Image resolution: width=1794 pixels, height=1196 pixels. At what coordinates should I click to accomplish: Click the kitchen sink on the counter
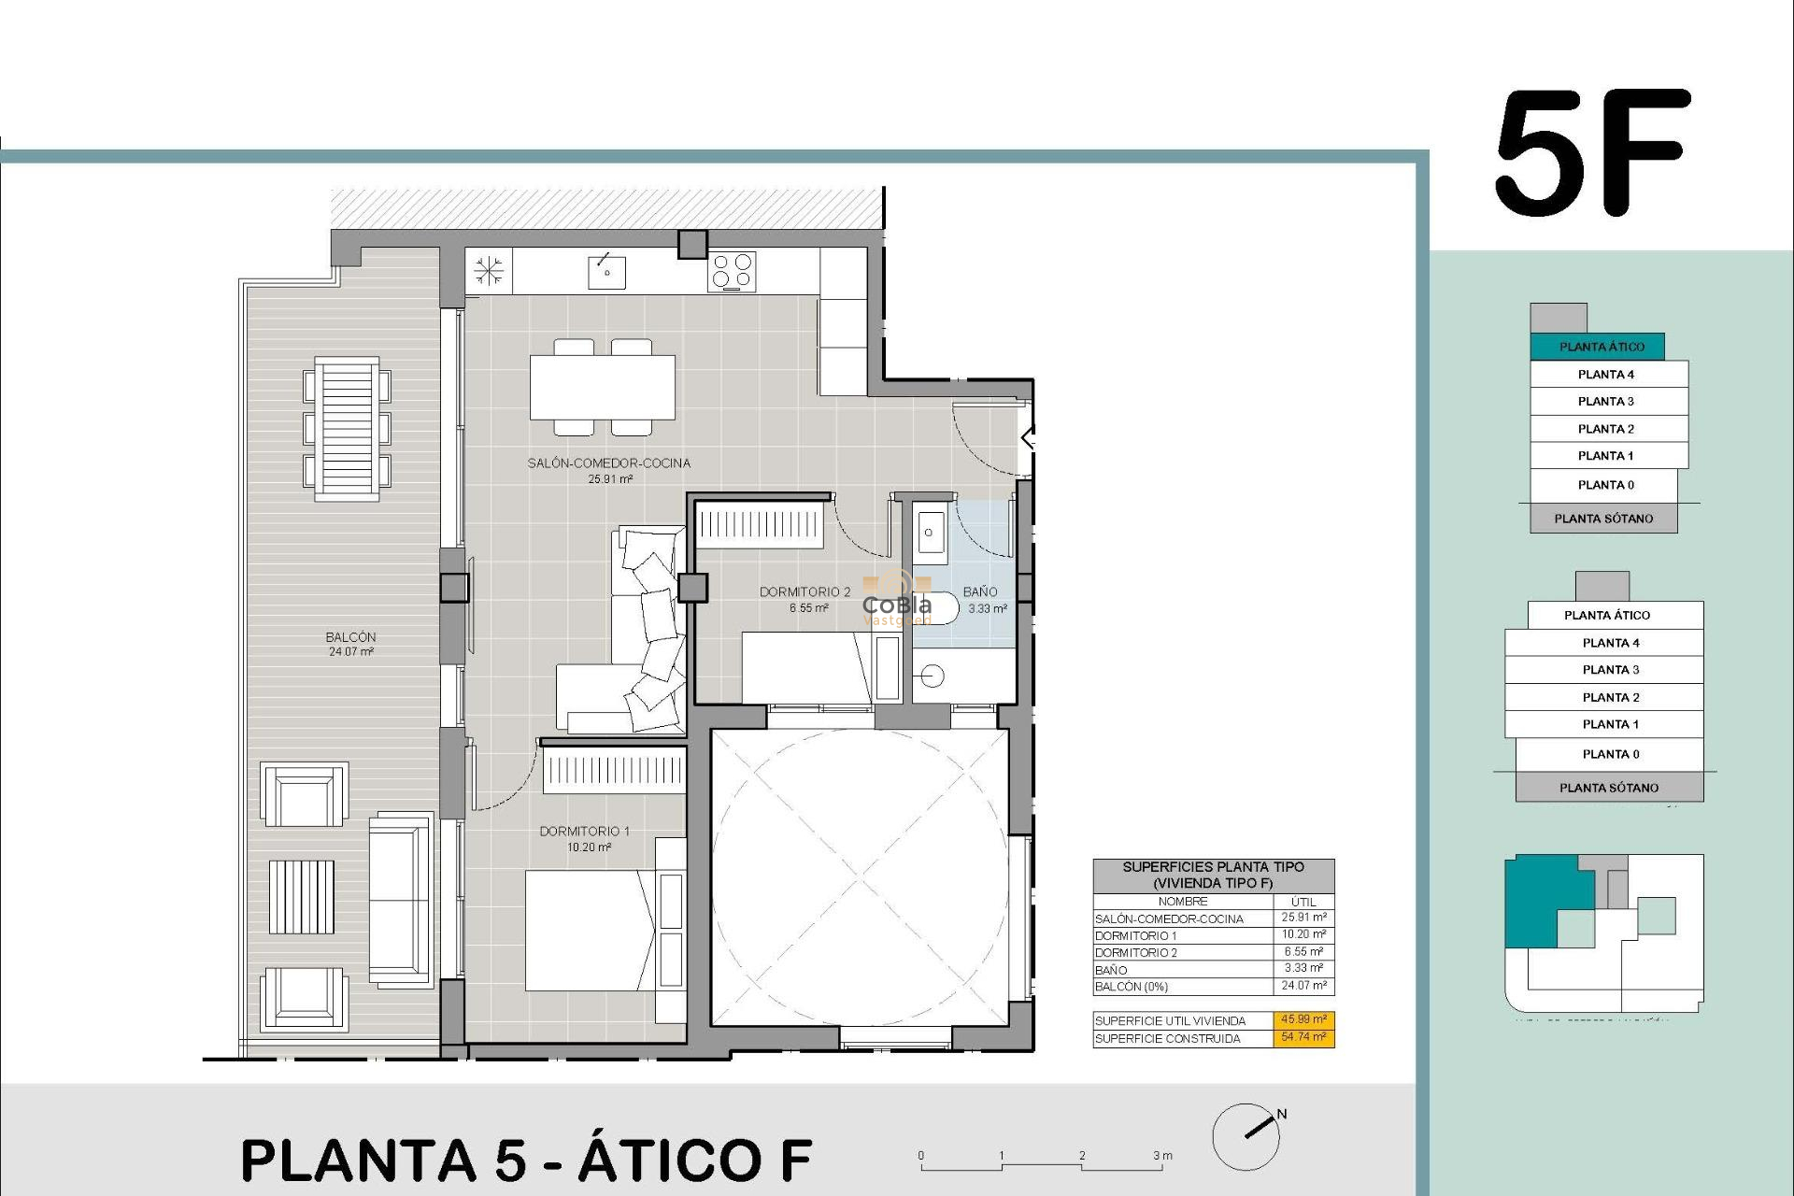[x=606, y=272]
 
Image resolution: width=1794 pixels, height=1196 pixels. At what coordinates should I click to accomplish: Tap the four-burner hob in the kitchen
[x=732, y=271]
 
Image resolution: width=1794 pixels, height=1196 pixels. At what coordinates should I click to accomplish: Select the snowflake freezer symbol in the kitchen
[x=489, y=271]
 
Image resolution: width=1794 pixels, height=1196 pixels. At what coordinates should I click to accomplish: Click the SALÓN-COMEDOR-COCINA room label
[x=609, y=463]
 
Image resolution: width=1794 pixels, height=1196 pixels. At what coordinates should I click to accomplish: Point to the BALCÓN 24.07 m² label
[x=351, y=644]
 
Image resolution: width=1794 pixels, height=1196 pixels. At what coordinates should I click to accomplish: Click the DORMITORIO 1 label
[x=585, y=832]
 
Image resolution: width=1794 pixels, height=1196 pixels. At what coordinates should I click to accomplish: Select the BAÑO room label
[x=980, y=592]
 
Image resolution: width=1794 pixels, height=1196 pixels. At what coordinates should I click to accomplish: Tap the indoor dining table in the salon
[x=603, y=387]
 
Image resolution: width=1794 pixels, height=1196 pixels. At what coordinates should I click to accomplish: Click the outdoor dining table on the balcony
[x=347, y=429]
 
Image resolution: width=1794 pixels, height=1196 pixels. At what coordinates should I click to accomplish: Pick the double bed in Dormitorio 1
[x=589, y=930]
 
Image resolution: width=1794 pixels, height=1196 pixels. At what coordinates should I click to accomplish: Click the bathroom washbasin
[x=930, y=533]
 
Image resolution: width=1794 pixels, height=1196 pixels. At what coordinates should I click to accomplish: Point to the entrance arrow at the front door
[x=1028, y=436]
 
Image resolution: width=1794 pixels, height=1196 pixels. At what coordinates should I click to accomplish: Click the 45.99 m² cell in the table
[x=1303, y=1020]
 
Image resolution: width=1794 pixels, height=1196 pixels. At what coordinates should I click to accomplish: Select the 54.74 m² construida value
[x=1303, y=1037]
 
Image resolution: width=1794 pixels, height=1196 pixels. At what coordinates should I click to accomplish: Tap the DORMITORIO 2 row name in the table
[x=1136, y=953]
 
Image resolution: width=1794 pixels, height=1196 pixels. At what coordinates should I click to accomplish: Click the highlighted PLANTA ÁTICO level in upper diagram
[x=1601, y=347]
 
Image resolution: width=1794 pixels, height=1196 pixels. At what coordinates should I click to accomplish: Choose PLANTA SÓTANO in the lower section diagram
[x=1609, y=788]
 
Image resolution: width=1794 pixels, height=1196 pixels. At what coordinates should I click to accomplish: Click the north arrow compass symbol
[x=1248, y=1135]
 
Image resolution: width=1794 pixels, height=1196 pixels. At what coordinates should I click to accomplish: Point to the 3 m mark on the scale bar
[x=1161, y=1157]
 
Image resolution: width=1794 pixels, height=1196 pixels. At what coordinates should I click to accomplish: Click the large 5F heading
[x=1594, y=154]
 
